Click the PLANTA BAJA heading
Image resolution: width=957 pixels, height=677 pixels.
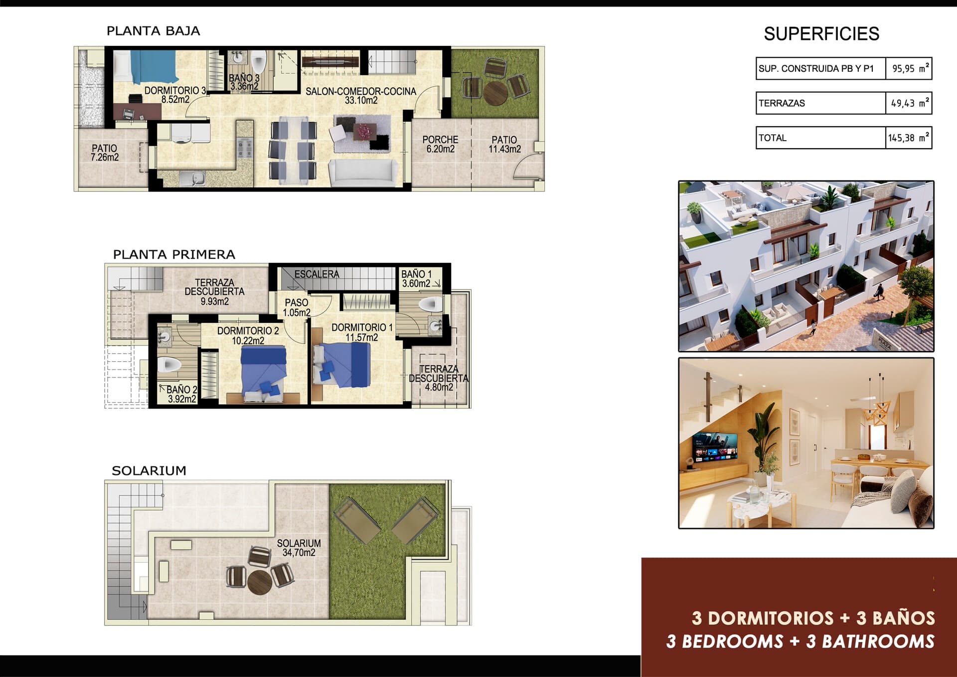(153, 31)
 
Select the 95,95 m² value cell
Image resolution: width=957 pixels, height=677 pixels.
(908, 69)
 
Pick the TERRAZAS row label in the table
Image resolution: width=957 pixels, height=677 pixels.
(782, 103)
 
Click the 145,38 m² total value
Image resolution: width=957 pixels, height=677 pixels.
(908, 138)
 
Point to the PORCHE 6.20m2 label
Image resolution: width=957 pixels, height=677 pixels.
(440, 144)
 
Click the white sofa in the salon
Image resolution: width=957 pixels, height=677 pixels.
(363, 173)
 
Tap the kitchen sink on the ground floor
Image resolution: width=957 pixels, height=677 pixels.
(192, 178)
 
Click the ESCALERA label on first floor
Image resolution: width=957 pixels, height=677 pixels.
(317, 274)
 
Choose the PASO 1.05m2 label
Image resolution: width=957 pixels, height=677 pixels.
(297, 307)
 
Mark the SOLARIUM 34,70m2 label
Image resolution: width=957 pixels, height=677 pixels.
(299, 548)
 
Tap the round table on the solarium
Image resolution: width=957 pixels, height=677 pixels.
(259, 581)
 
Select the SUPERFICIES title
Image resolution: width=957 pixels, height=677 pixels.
(821, 34)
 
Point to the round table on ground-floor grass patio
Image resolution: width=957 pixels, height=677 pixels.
(495, 93)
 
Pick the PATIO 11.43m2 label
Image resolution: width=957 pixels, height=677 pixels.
(504, 144)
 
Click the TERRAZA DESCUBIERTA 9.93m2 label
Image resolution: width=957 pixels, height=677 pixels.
(214, 292)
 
